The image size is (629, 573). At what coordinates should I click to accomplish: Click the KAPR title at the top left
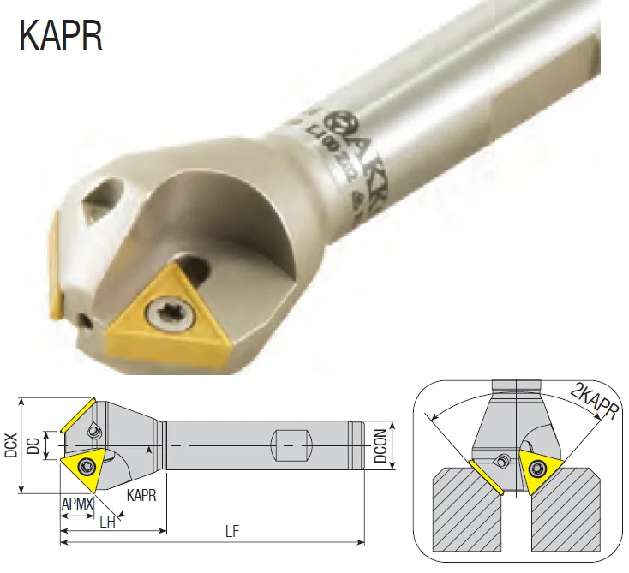click(x=60, y=36)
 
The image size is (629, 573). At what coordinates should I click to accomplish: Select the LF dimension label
click(x=231, y=532)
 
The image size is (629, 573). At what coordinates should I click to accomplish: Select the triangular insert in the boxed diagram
click(x=537, y=469)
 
